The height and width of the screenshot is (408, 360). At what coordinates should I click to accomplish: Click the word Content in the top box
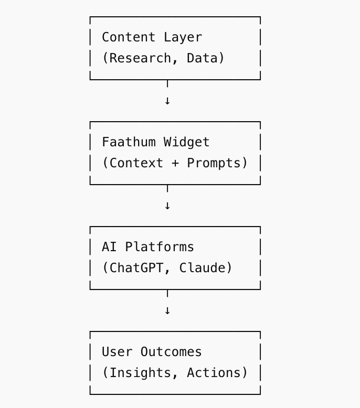(129, 37)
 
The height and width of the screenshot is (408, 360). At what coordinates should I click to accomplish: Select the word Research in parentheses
(140, 58)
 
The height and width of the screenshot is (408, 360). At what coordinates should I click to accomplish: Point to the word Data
(202, 58)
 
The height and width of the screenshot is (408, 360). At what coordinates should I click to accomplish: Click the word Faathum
(129, 142)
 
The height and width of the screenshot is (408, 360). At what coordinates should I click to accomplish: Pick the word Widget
(186, 143)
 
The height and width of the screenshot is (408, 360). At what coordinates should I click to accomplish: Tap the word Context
(136, 163)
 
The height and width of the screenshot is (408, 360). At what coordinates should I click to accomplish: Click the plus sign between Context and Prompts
(175, 164)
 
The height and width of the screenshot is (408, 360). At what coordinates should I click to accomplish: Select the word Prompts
(214, 164)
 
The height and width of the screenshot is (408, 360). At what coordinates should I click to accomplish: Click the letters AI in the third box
(109, 247)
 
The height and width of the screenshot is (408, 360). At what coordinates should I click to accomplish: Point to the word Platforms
(160, 247)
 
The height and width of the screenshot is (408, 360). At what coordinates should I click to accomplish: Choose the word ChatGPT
(136, 268)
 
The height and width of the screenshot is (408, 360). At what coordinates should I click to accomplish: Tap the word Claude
(202, 268)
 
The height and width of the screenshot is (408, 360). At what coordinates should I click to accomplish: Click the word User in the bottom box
(117, 352)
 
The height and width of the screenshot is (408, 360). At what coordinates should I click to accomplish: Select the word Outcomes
(171, 352)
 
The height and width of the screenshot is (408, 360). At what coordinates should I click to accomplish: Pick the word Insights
(140, 373)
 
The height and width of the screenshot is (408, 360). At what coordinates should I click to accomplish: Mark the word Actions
(214, 373)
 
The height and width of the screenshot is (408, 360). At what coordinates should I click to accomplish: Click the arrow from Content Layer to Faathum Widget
(167, 92)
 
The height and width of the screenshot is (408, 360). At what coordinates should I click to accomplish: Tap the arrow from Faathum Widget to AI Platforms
(167, 197)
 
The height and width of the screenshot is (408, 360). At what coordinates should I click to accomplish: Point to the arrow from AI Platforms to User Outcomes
(167, 302)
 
